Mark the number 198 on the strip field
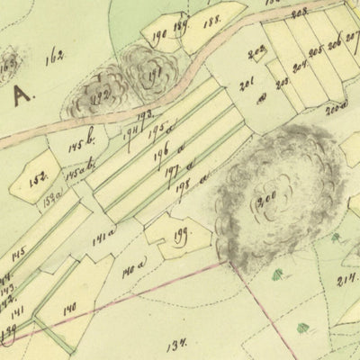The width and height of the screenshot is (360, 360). (x=184, y=184)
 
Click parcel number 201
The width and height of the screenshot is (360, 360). (x=247, y=86)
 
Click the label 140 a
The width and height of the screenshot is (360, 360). (x=133, y=268)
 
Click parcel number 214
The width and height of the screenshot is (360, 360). (x=346, y=280)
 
